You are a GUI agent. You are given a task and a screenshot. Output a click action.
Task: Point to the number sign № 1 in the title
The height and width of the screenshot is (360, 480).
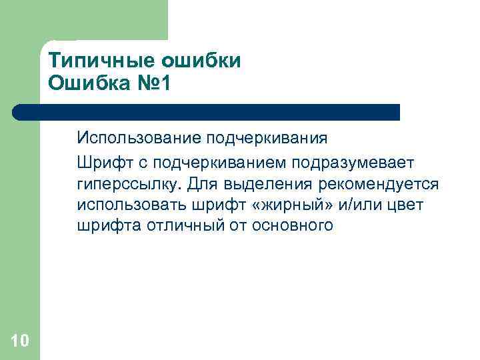coord(157,84)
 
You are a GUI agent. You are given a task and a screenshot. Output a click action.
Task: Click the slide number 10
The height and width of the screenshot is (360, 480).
coord(20,341)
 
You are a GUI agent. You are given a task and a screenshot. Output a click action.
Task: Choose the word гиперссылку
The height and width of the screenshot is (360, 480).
coord(130,183)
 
